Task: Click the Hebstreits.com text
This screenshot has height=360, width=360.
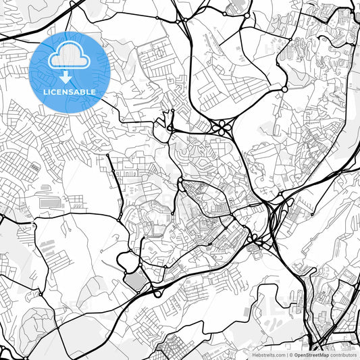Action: tap(268, 354)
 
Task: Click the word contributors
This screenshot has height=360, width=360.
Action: tap(344, 354)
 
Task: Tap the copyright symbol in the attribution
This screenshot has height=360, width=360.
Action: tap(290, 354)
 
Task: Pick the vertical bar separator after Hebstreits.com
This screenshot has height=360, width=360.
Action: tap(286, 354)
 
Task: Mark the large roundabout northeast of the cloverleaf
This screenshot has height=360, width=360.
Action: tap(284, 89)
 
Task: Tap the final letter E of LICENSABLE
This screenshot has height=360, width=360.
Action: tap(94, 92)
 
